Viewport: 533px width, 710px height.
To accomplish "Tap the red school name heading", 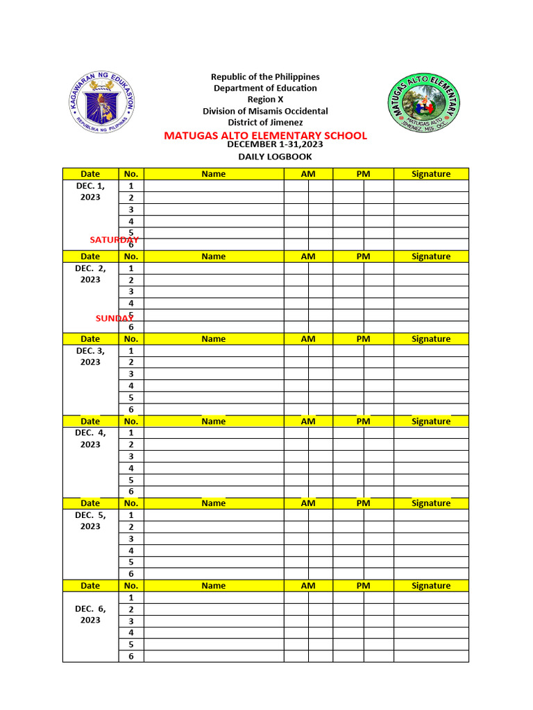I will (265, 136).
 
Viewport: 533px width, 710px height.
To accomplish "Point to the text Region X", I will (265, 99).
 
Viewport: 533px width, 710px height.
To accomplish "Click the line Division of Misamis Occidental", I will (265, 111).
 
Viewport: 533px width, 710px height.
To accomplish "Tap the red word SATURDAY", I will (114, 239).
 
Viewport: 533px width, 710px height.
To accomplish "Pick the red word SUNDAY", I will (115, 318).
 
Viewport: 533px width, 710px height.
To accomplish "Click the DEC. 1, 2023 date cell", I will (90, 191).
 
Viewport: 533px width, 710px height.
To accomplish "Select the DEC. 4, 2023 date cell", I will (90, 438).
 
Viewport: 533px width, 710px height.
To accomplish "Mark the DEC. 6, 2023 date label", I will (90, 614).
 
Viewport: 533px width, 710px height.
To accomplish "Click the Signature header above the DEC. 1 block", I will (431, 174).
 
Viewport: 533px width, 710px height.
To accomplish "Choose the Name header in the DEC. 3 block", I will (213, 339).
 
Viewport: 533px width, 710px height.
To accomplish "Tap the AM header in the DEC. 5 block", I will (308, 503).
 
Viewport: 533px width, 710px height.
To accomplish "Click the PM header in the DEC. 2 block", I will (363, 257).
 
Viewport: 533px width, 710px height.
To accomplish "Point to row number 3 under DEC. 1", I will (131, 209).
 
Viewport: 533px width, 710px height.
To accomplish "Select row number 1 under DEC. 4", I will (131, 433).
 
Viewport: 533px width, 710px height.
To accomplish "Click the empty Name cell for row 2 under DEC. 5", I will (213, 527).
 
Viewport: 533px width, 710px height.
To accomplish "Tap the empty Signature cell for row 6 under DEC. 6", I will (431, 656).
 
